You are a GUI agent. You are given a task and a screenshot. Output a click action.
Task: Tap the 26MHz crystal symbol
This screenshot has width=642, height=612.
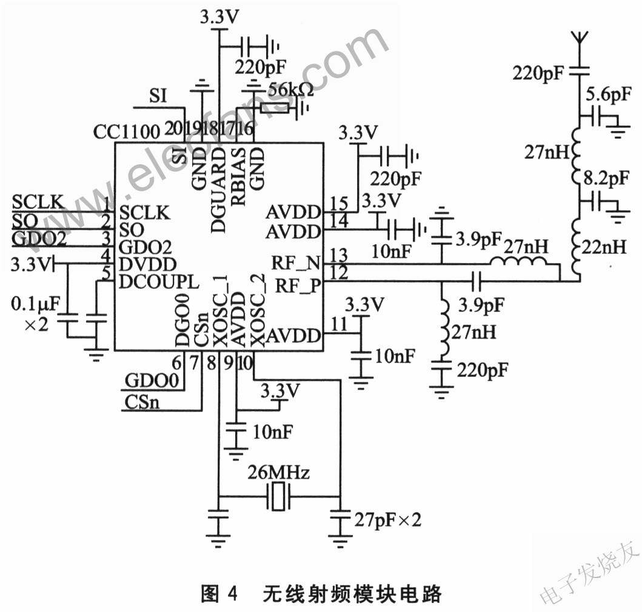(x=278, y=496)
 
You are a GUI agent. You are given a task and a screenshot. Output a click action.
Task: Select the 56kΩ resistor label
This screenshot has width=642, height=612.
(x=291, y=90)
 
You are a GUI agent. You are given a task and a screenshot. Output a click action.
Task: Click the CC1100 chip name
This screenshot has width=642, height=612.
(x=127, y=132)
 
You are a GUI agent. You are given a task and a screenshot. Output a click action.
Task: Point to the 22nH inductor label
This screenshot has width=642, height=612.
(x=604, y=247)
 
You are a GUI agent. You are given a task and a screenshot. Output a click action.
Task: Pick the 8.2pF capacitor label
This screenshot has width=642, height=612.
(x=606, y=179)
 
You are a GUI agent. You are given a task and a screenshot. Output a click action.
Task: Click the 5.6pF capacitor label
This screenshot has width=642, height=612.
(x=609, y=95)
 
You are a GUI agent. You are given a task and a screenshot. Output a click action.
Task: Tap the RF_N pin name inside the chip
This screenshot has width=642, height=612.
(x=296, y=263)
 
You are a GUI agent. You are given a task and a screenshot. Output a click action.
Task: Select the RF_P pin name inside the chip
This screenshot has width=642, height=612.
(x=298, y=285)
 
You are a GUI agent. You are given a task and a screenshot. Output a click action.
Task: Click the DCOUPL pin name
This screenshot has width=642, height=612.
(x=159, y=282)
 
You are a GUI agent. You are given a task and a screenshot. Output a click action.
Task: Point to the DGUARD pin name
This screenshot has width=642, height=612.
(x=218, y=190)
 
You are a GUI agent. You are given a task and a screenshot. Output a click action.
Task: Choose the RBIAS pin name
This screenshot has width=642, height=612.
(x=239, y=176)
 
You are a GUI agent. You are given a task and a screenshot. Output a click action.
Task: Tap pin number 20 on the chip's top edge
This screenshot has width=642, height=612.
(x=174, y=129)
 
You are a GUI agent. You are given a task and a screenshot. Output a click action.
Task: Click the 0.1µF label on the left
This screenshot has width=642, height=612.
(x=36, y=304)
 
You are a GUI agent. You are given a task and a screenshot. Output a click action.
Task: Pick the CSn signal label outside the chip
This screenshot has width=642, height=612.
(x=142, y=402)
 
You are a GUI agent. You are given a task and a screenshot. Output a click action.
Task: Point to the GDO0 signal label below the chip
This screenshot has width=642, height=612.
(x=152, y=381)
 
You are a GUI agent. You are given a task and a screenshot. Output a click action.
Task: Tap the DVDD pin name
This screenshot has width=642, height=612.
(x=148, y=264)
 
